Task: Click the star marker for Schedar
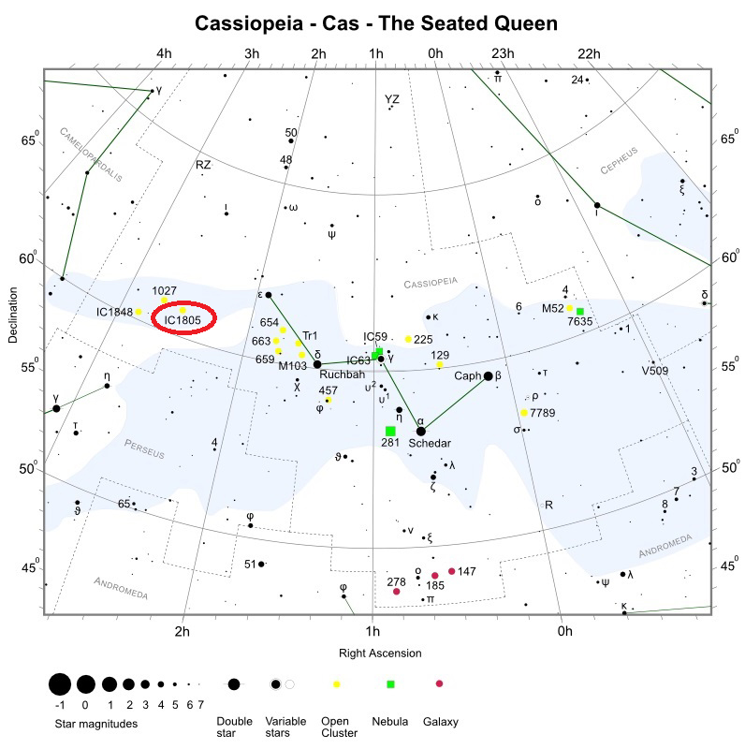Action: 420,431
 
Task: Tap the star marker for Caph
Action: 488,376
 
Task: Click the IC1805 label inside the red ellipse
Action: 183,320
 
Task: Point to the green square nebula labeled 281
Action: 390,431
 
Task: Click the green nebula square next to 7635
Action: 579,311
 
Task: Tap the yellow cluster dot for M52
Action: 569,307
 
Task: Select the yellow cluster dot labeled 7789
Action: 524,412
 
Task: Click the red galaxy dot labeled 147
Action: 452,571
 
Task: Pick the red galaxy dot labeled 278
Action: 397,592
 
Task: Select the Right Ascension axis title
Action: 379,654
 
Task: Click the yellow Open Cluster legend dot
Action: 336,684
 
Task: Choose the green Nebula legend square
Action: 391,684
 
